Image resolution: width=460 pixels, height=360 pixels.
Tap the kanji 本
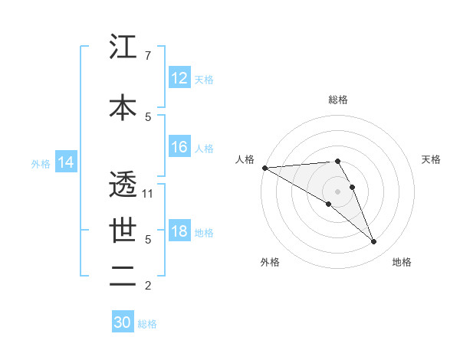123,108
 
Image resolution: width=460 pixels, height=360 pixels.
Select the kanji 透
123,184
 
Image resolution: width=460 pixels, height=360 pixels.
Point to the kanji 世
123,230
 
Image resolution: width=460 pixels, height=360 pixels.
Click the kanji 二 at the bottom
123,277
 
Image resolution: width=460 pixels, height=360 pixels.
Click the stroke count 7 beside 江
147,55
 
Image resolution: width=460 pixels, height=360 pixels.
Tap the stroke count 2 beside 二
147,286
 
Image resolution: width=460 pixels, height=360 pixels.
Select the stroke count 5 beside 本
147,116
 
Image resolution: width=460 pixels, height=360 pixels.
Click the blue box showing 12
179,78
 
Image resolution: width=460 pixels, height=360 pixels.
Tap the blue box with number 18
179,231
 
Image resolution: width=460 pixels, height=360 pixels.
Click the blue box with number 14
66,162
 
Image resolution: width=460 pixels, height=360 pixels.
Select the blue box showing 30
123,322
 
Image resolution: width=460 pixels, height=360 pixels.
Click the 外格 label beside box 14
41,163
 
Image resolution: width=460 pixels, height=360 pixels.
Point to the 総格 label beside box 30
147,324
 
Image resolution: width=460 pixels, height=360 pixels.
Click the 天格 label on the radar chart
431,159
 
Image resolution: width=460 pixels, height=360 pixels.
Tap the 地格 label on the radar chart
402,262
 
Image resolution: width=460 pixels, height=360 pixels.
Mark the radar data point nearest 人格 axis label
264,168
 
